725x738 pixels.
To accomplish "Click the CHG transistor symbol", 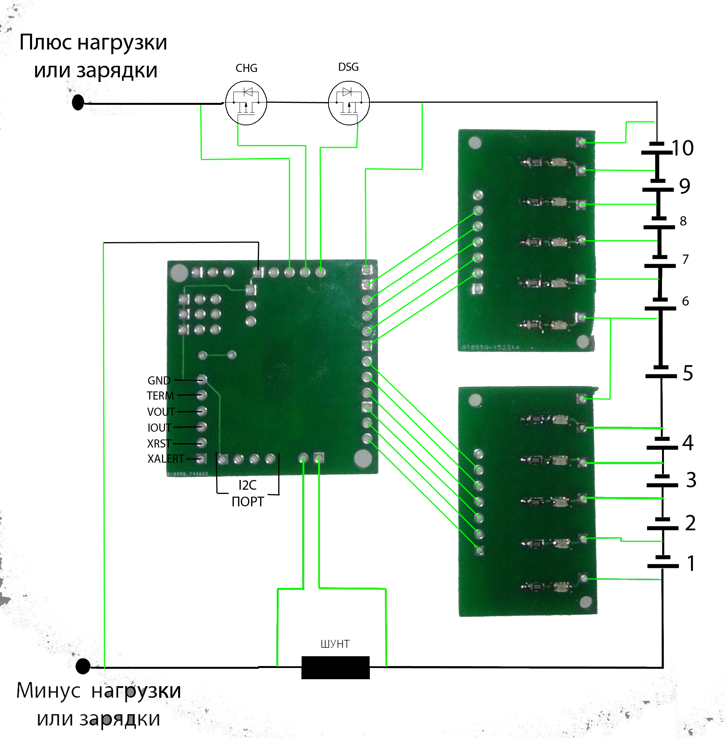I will (246, 103).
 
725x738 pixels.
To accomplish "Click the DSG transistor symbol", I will (349, 103).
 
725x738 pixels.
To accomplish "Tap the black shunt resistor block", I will (335, 667).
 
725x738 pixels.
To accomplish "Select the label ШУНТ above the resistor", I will (335, 644).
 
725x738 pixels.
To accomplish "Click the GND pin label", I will (159, 381).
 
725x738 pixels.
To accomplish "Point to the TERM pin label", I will (160, 396).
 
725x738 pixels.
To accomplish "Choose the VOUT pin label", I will (161, 412).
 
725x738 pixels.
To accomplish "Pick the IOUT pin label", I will (159, 427).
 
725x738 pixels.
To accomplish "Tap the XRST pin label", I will (159, 443).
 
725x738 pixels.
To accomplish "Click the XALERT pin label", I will (165, 459).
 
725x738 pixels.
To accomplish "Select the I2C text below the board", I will (247, 485).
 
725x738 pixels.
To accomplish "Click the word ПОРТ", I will (248, 502).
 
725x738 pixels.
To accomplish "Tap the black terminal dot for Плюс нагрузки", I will (78, 102).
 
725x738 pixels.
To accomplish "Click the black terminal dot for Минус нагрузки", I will (83, 666).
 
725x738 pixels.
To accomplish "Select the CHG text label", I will (246, 68).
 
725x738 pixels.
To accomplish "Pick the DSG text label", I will (348, 67).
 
